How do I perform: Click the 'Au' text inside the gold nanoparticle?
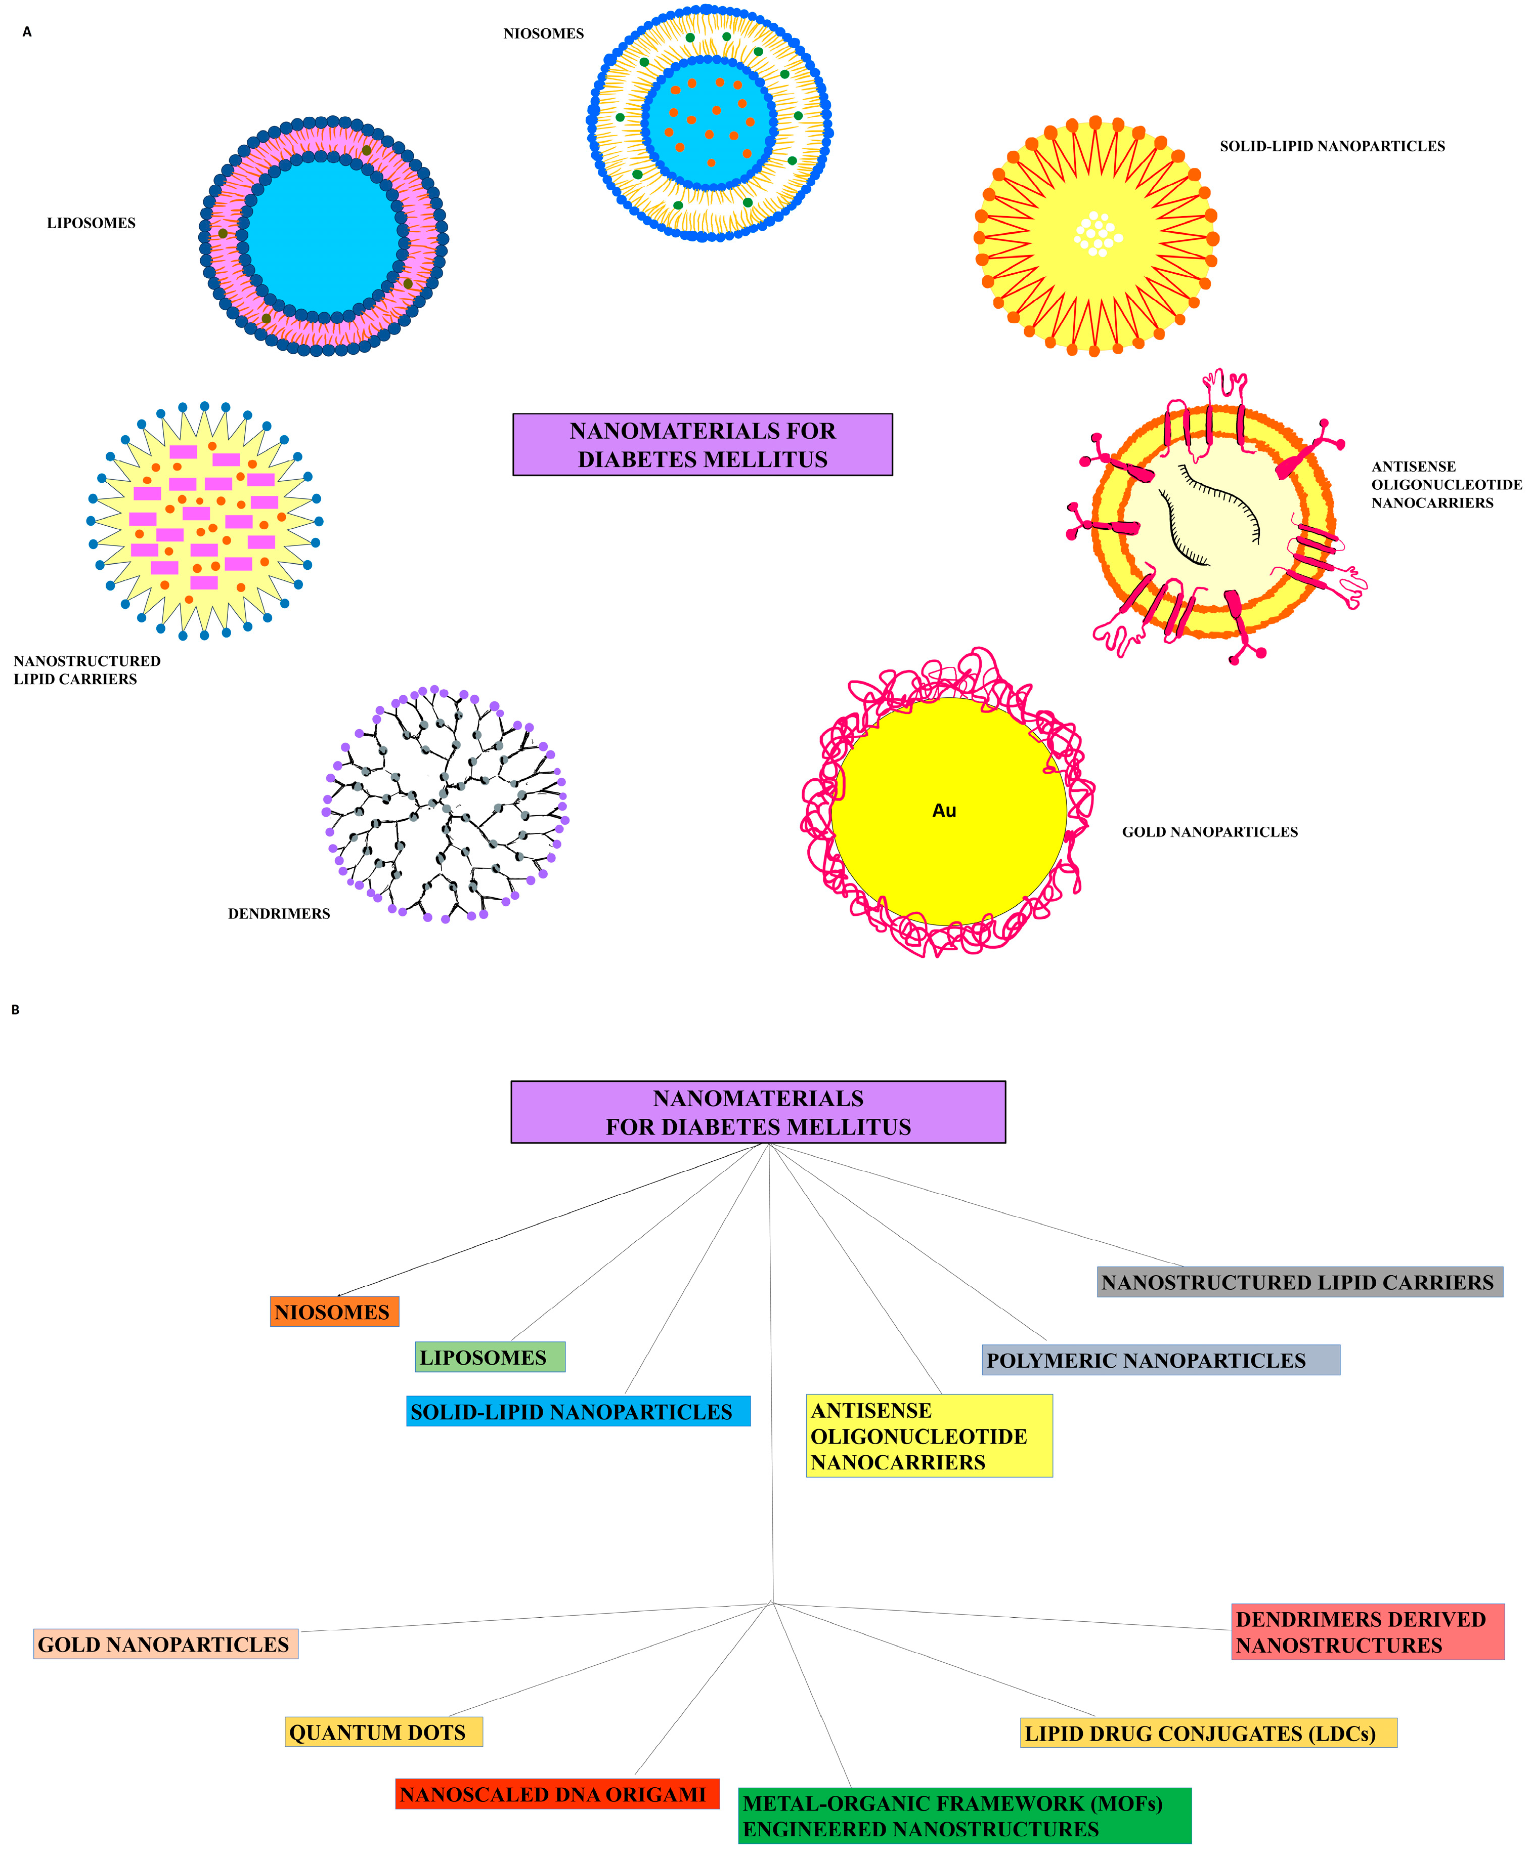[944, 810]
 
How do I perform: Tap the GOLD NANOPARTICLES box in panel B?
[166, 1644]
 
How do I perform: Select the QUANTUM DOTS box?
[384, 1732]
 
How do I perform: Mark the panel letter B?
[16, 1009]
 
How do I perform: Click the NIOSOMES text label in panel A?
[543, 33]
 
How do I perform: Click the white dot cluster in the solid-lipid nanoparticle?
[1097, 234]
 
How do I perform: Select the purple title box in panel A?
[702, 445]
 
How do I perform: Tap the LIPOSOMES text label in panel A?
[91, 223]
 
